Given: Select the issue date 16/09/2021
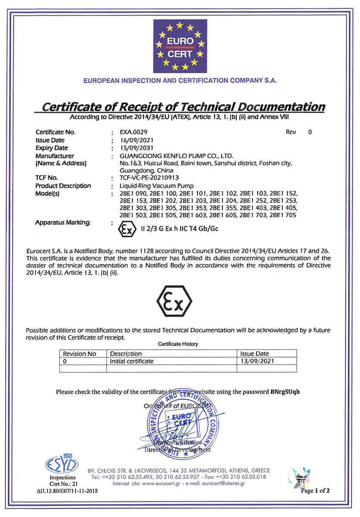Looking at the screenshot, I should point(136,140).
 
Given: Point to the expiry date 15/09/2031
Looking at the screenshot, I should point(136,148).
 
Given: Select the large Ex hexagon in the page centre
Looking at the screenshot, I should point(174,301).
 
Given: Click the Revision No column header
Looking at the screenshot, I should point(79,354).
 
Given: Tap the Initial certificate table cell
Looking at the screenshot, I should point(131,361).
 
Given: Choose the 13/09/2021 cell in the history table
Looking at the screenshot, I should point(257,361).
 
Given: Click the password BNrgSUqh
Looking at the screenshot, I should point(285,392).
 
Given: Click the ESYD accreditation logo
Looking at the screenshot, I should point(62,464).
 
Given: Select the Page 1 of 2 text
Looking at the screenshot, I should point(315,490).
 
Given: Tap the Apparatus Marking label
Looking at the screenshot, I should point(63,222).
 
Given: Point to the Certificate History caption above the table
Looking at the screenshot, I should point(178,344).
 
